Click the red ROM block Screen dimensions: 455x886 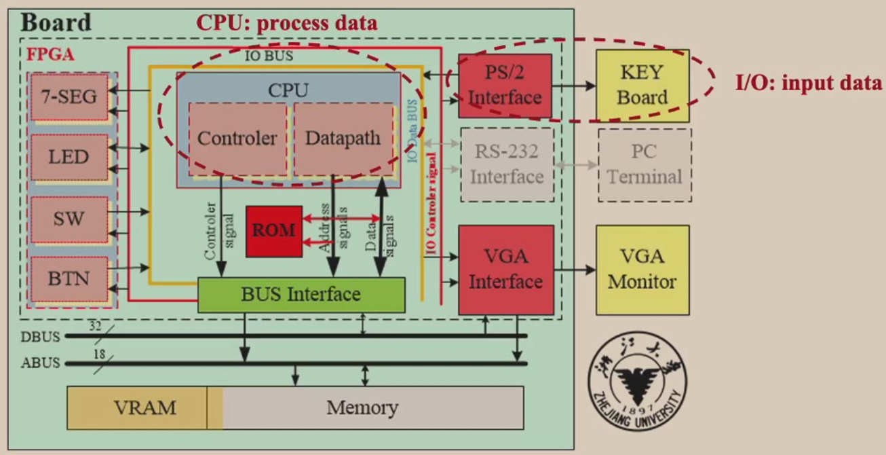coord(274,231)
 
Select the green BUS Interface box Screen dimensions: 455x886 coord(301,295)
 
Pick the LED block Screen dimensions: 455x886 coord(69,157)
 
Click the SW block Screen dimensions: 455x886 coord(69,219)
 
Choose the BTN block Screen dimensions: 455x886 coord(69,278)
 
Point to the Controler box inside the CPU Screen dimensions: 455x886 coord(237,139)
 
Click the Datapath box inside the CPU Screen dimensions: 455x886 coord(343,139)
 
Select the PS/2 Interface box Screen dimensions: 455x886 coord(505,86)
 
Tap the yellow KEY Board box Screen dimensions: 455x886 coord(642,86)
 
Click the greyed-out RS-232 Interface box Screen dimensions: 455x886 coord(507,164)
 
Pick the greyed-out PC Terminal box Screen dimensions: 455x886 coord(644,164)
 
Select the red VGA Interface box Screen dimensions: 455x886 coord(506,270)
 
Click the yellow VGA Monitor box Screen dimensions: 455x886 coord(642,270)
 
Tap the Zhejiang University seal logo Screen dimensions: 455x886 coord(636,381)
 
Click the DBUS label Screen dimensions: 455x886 coord(40,336)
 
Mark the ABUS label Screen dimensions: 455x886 coord(40,363)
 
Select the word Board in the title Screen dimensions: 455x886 coord(56,22)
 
